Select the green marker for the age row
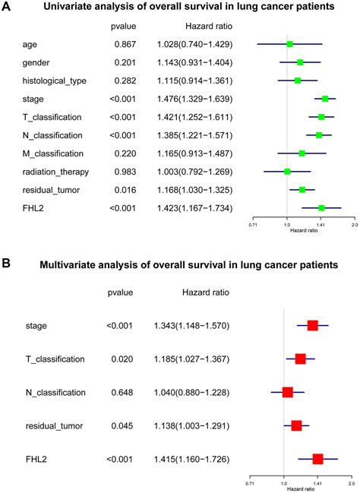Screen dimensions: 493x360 pos(289,45)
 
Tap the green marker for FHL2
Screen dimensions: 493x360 pos(321,207)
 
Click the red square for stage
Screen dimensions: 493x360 pos(312,325)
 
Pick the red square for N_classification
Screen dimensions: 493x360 pos(287,392)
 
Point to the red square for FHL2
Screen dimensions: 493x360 pos(317,458)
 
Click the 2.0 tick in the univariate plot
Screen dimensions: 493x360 pos(354,224)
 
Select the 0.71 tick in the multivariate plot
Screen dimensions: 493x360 pos(250,482)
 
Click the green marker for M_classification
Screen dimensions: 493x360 pos(302,153)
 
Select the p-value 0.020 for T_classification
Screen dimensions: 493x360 pos(122,359)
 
